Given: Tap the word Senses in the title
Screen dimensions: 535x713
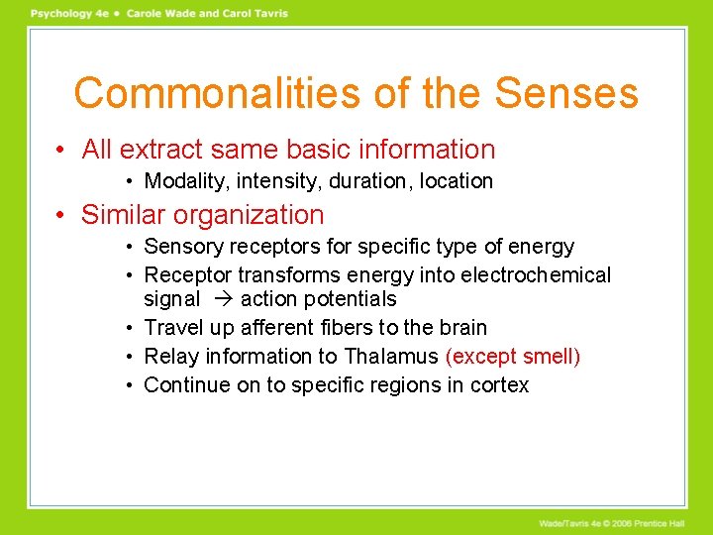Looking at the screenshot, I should tap(566, 93).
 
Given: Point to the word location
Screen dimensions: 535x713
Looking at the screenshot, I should tap(456, 181).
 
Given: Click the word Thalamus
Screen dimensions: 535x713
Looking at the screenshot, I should tap(391, 357).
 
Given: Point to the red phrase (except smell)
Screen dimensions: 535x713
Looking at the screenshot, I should tap(513, 357).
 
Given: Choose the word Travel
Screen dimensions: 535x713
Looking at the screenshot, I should tap(172, 328).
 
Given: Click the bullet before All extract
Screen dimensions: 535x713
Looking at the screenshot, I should tap(61, 151).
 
